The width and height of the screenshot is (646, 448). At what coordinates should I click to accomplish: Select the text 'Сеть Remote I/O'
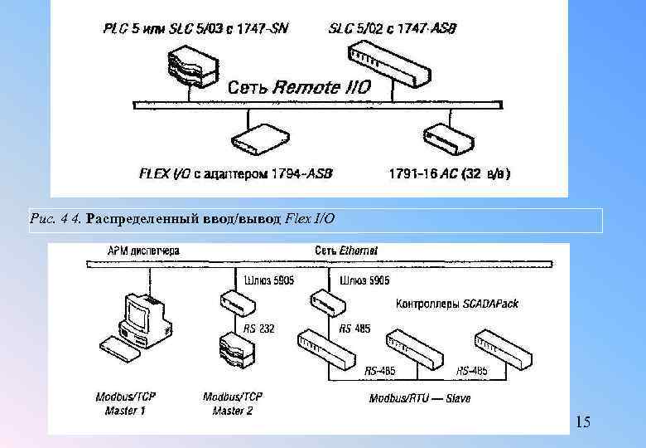pyautogui.click(x=299, y=87)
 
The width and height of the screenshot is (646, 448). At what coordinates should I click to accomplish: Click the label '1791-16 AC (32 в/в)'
pyautogui.click(x=449, y=175)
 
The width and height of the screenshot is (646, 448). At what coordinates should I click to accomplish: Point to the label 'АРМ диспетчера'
pyautogui.click(x=143, y=251)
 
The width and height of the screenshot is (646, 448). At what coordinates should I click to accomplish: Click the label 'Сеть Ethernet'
pyautogui.click(x=346, y=251)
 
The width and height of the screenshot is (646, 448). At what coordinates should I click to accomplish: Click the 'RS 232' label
pyautogui.click(x=259, y=329)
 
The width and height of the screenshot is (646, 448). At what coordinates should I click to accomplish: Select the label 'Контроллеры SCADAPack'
pyautogui.click(x=458, y=304)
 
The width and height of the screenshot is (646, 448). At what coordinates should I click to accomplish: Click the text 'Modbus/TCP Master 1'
pyautogui.click(x=125, y=403)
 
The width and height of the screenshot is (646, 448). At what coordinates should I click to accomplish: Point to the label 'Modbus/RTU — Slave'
pyautogui.click(x=420, y=399)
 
